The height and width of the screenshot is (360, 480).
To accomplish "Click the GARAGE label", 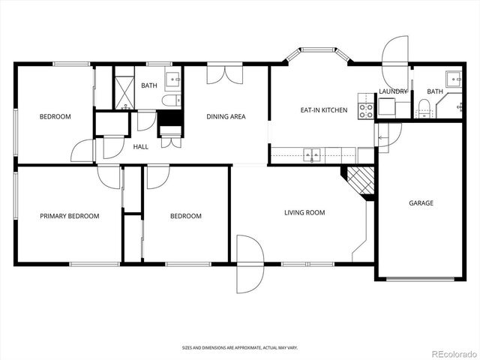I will (x=421, y=203).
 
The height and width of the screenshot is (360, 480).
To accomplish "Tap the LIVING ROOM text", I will (x=304, y=213).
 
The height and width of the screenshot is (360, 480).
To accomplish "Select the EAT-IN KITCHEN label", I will (x=324, y=110).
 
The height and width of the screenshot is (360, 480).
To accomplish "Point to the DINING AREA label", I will (x=226, y=117).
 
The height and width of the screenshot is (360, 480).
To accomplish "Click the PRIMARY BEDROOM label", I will (x=69, y=216).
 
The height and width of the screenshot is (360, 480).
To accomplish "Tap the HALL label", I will (x=140, y=147).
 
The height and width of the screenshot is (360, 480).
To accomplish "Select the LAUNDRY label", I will (x=393, y=91).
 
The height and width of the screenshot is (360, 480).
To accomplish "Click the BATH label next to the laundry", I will (x=435, y=91).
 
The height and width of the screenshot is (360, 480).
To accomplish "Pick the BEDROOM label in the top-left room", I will (x=55, y=117).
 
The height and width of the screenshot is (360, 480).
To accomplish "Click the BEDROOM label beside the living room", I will (x=185, y=216).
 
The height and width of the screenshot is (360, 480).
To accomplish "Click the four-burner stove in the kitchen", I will (x=366, y=111).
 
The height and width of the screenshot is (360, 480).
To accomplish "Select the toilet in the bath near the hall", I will (x=170, y=101).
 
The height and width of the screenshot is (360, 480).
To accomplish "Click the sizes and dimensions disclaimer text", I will (x=239, y=348).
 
